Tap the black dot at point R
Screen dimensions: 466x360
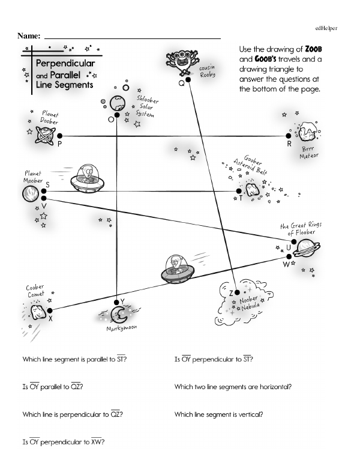click(288, 136)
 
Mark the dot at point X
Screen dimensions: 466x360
click(43, 311)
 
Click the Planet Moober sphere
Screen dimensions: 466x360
click(29, 193)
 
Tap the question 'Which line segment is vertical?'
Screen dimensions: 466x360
click(218, 414)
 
